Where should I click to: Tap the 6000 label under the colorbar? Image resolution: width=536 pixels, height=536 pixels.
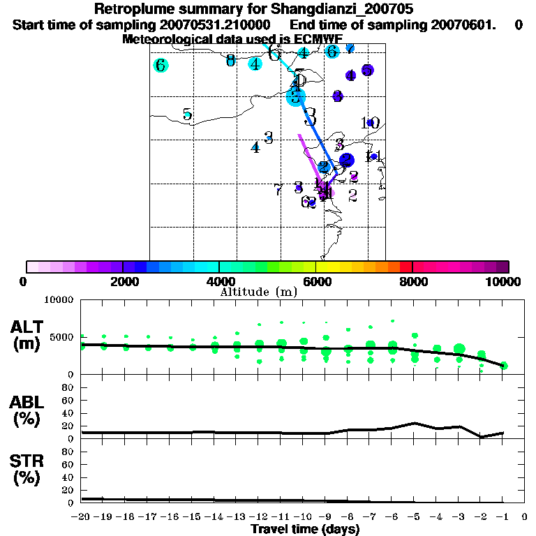(315, 281)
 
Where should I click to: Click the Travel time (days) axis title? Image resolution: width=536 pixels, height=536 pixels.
(305, 530)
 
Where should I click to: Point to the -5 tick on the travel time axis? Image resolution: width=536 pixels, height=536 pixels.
(414, 517)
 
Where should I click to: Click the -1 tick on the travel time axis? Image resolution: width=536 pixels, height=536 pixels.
(502, 517)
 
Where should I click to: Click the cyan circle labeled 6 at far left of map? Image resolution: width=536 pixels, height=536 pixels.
(161, 66)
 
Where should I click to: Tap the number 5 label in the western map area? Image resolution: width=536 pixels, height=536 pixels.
(187, 114)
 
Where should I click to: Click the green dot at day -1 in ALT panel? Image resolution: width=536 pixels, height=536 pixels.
(504, 366)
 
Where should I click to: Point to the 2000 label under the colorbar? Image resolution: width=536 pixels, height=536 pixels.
(123, 281)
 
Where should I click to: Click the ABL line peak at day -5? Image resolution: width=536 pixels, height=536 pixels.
(415, 423)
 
